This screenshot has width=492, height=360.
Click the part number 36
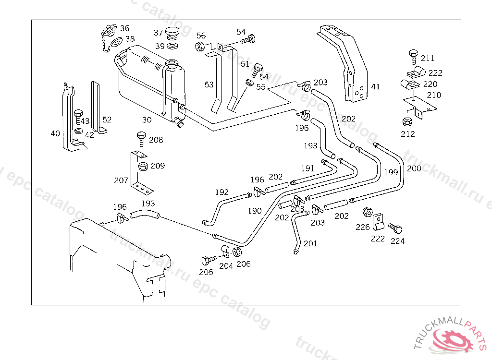tap(125, 28)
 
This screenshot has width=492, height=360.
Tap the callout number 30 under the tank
tap(147, 120)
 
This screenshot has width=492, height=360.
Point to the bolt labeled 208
tap(141, 139)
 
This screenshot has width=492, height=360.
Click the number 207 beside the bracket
tap(121, 180)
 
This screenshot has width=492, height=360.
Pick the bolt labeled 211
tap(413, 56)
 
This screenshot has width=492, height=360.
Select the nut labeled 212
tap(407, 122)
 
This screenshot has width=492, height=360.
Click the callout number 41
tap(375, 87)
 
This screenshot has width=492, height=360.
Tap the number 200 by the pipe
tap(414, 168)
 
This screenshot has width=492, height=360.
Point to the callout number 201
tap(310, 244)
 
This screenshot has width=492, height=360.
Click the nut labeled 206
tap(237, 252)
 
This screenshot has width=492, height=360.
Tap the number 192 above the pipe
tap(222, 192)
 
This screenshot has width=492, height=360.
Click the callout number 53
tap(209, 85)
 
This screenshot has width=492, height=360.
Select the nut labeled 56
tap(199, 47)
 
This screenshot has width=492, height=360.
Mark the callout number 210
tap(434, 95)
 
